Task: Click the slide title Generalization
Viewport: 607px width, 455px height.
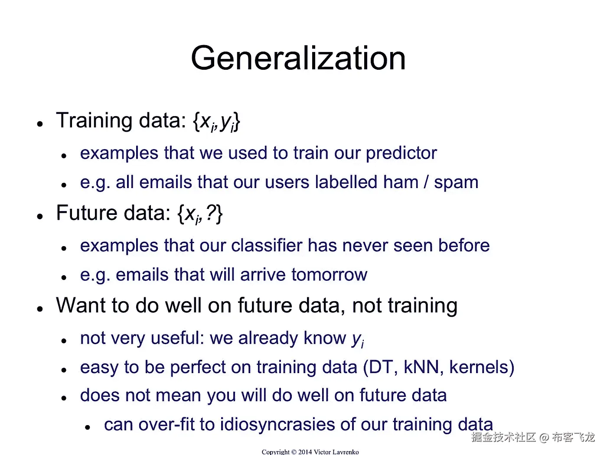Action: click(x=298, y=58)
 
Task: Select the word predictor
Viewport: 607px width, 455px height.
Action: click(x=401, y=153)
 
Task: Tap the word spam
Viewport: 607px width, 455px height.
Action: click(x=456, y=183)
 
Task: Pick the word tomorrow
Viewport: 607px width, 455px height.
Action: click(x=330, y=275)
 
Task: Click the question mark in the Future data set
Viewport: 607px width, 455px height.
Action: click(x=211, y=213)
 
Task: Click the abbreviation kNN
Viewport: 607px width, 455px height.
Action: click(x=423, y=367)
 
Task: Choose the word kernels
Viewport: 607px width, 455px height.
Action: click(x=478, y=367)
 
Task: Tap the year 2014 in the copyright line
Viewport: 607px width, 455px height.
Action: click(x=305, y=452)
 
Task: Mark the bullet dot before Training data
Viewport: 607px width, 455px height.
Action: click(x=40, y=123)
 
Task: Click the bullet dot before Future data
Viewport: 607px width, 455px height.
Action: click(x=40, y=216)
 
